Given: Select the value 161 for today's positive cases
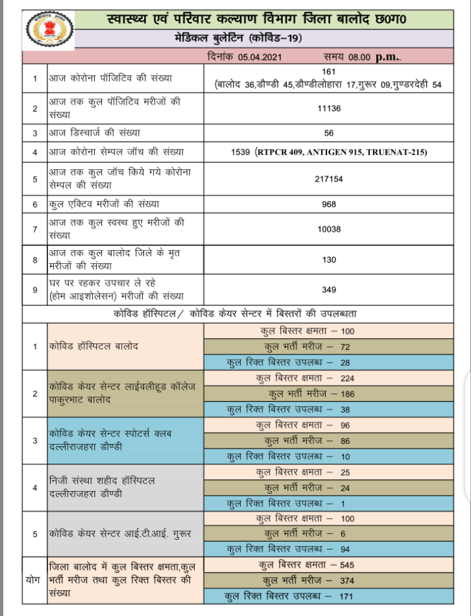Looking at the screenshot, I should click(x=330, y=71).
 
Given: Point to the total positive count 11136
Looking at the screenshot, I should click(x=329, y=108).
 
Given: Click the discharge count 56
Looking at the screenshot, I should click(x=330, y=132).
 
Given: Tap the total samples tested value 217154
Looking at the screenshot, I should click(x=329, y=179).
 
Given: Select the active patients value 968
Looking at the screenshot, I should click(x=329, y=204).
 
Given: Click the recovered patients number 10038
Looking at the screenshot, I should click(x=329, y=230).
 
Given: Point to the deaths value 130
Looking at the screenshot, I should click(x=329, y=260).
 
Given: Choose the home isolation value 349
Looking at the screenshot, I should click(x=329, y=290).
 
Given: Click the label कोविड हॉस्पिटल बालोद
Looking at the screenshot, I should click(x=92, y=345).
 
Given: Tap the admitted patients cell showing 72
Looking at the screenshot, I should click(x=329, y=346).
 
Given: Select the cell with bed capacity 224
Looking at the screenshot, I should click(x=329, y=378).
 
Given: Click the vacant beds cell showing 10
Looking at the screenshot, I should click(x=329, y=456).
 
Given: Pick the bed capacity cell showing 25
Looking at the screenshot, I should click(x=329, y=472).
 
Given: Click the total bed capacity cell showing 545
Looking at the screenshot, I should click(x=329, y=565).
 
